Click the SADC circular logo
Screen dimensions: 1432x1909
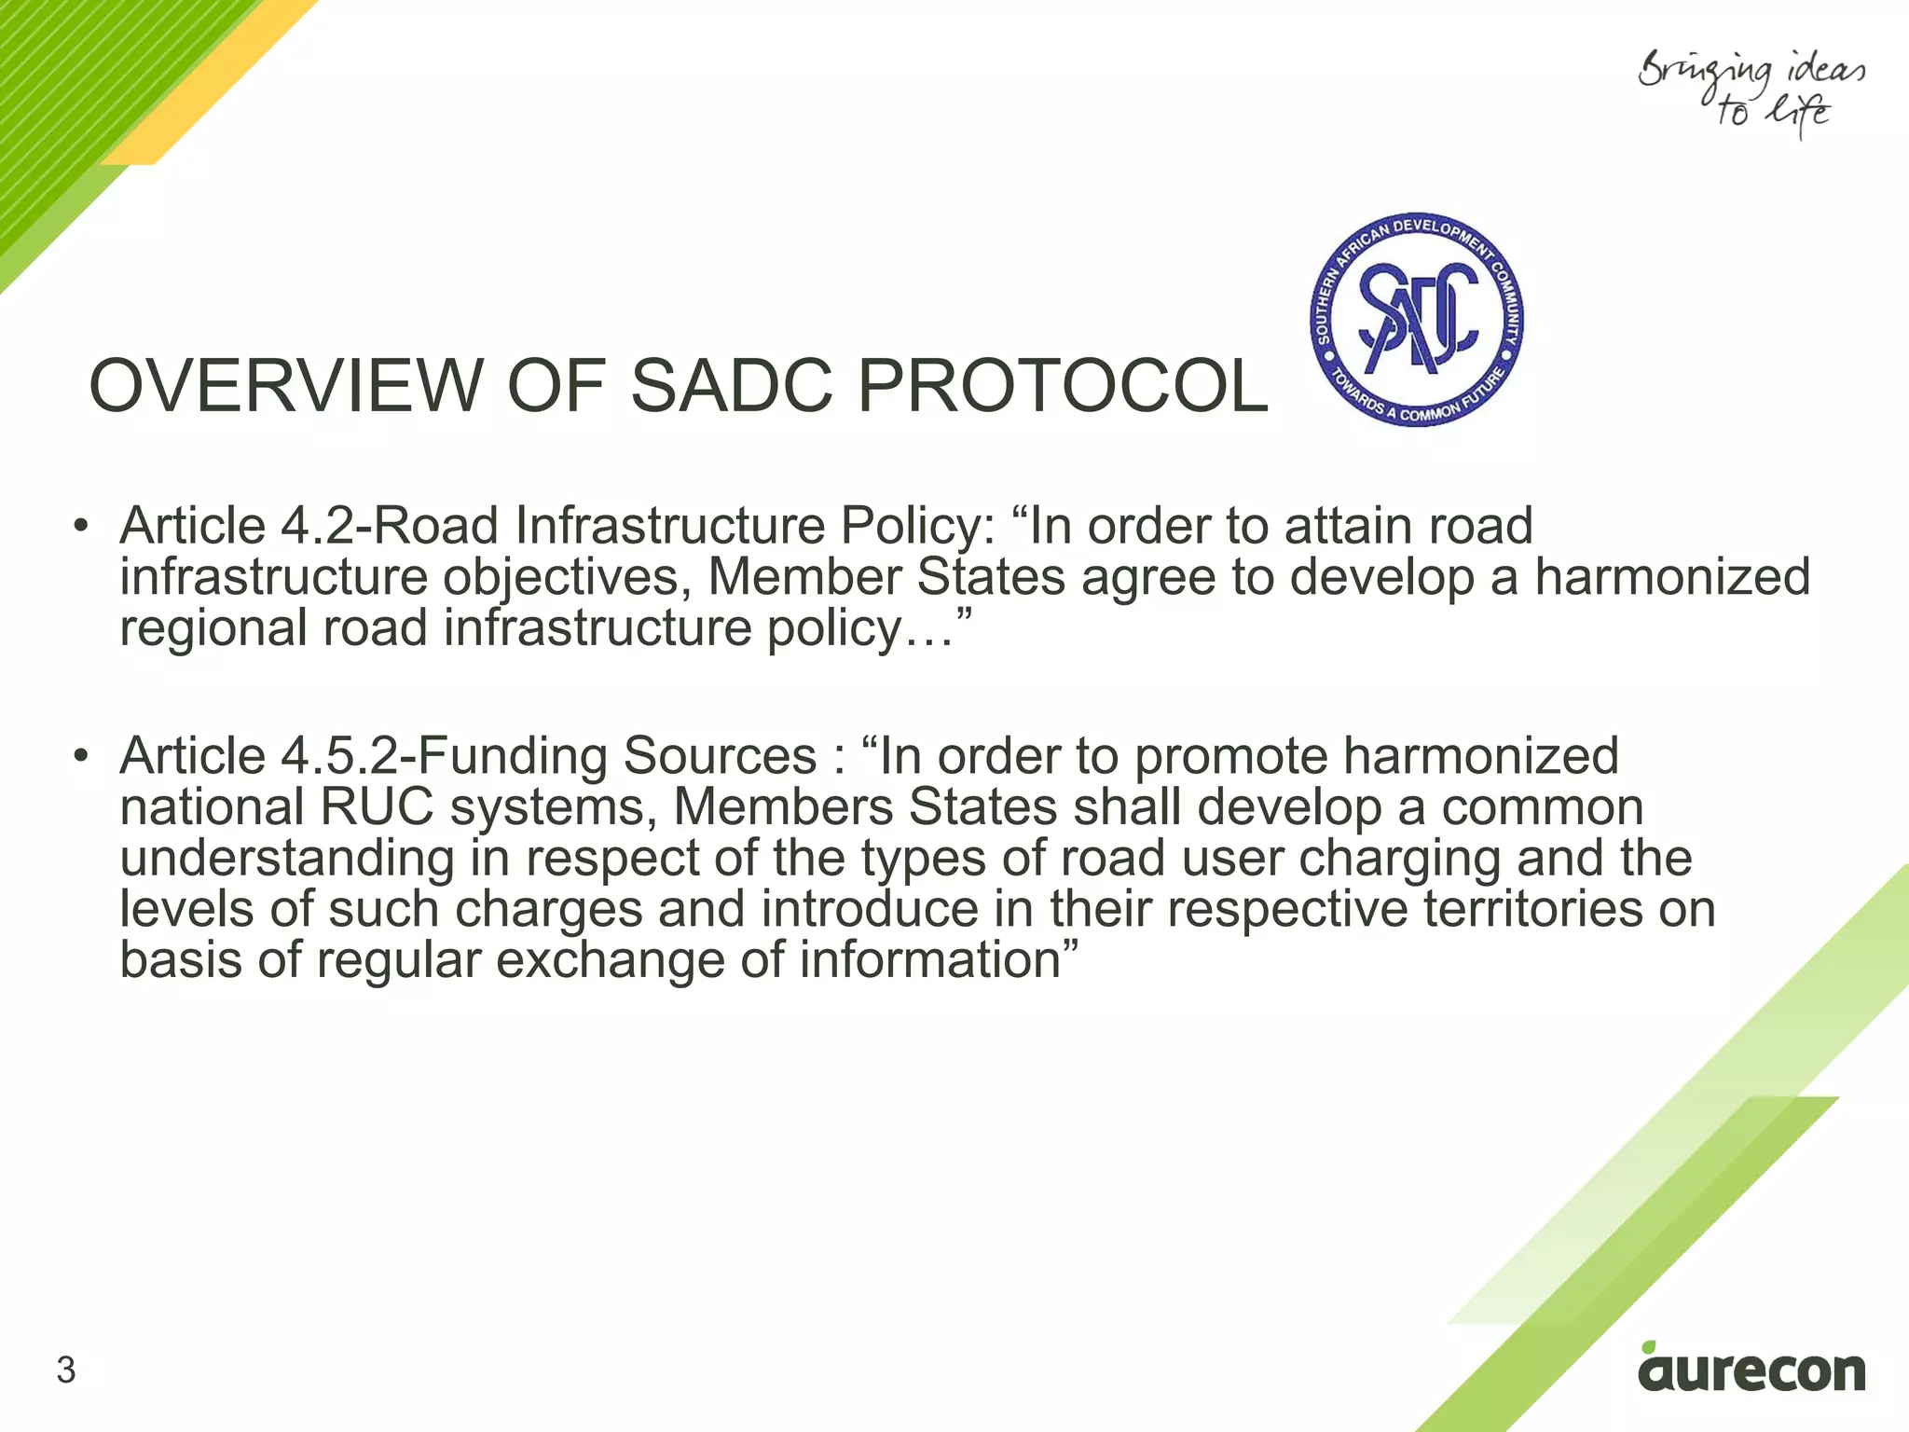(1416, 320)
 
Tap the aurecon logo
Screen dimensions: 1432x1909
(1751, 1371)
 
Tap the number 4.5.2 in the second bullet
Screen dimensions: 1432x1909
(339, 755)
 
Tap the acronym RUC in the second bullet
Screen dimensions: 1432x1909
(377, 807)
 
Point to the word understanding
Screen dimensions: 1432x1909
(287, 859)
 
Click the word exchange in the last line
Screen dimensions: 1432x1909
(610, 961)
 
